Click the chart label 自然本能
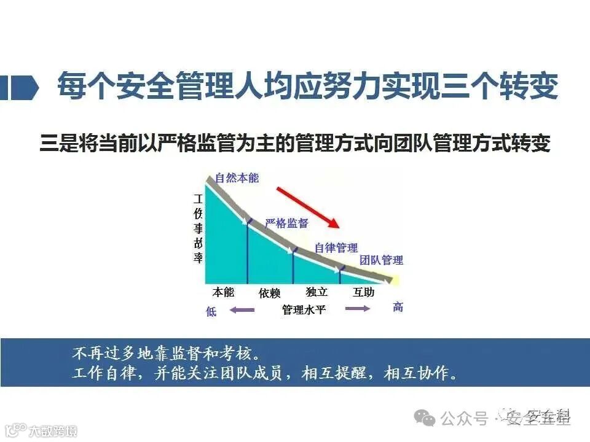pyautogui.click(x=237, y=179)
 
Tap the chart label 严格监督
pyautogui.click(x=286, y=223)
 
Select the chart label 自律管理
pyautogui.click(x=336, y=248)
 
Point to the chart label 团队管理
pyautogui.click(x=382, y=260)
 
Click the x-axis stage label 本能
pyautogui.click(x=223, y=292)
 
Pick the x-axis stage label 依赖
pyautogui.click(x=269, y=293)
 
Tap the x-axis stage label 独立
pyautogui.click(x=317, y=292)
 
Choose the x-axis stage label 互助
pyautogui.click(x=363, y=292)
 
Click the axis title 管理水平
pyautogui.click(x=304, y=310)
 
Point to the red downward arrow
pyautogui.click(x=305, y=207)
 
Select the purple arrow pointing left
pyautogui.click(x=242, y=310)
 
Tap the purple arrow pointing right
pyautogui.click(x=358, y=308)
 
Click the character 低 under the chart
pyautogui.click(x=211, y=312)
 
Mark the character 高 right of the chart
pyautogui.click(x=398, y=307)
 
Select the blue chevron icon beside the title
pyautogui.click(x=25, y=88)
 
